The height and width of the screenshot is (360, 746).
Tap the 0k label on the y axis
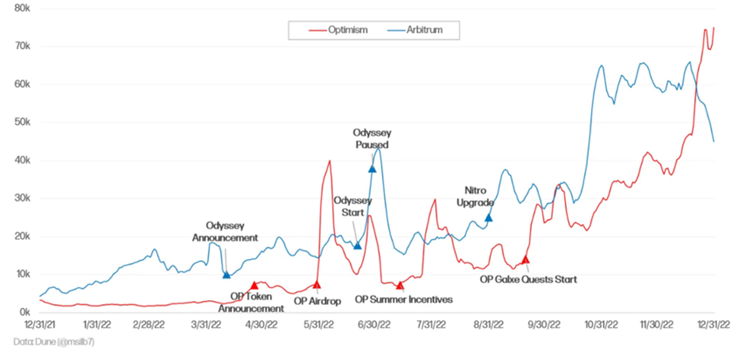24,312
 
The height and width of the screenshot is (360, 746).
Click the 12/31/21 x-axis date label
39,324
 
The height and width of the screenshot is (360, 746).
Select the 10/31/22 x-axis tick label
601,324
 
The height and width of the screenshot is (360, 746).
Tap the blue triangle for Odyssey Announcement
227,274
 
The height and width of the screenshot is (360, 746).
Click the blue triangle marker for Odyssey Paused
372,168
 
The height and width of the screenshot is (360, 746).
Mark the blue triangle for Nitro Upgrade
488,217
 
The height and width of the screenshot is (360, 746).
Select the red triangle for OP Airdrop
316,284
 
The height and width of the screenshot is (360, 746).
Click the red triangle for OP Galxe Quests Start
525,260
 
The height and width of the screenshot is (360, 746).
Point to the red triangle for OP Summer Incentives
400,285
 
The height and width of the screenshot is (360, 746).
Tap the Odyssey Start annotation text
353,206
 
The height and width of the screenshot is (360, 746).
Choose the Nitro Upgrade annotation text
480,196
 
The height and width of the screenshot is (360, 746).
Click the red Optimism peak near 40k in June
329,161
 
